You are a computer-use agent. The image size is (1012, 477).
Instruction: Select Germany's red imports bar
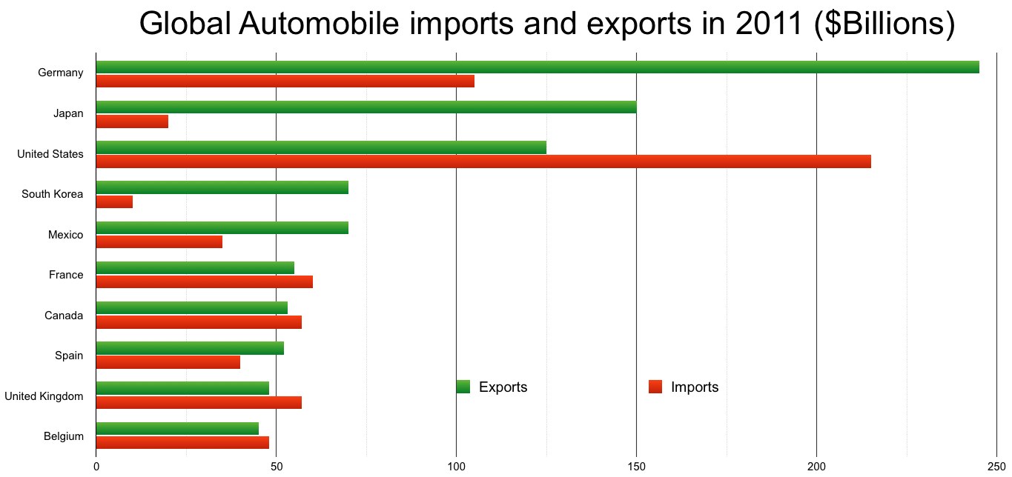click(285, 81)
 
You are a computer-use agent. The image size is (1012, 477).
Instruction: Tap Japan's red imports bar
click(132, 121)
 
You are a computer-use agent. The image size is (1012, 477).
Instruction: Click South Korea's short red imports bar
click(114, 201)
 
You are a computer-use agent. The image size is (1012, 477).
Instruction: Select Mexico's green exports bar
click(222, 227)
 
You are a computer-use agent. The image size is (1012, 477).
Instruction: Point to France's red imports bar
click(204, 281)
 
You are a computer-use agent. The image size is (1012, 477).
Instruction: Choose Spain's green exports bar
click(190, 348)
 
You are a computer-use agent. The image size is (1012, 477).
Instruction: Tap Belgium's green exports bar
click(177, 428)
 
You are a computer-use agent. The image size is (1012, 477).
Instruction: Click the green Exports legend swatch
click(463, 387)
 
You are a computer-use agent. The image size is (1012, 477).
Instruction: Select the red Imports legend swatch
click(655, 387)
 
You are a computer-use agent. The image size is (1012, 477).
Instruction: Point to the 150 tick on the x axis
click(636, 465)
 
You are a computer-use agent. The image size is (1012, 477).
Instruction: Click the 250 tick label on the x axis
click(996, 465)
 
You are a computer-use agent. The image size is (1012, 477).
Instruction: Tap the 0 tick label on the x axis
click(96, 465)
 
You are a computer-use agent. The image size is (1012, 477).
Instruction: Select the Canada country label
click(64, 316)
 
